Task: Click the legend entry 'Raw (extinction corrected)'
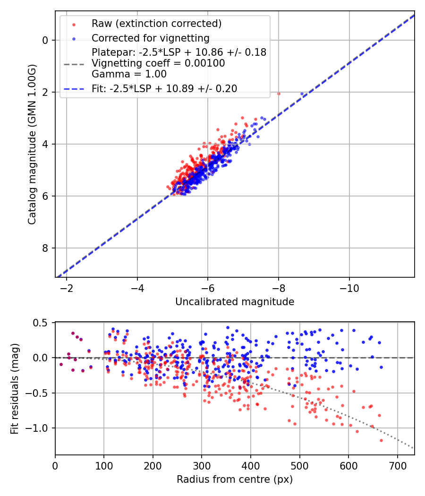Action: pyautogui.click(x=156, y=24)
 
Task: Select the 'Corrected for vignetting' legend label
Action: pyautogui.click(x=150, y=38)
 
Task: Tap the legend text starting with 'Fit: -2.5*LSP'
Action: pyautogui.click(x=164, y=88)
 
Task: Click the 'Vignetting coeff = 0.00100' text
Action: pyautogui.click(x=158, y=63)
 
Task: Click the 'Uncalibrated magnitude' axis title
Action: pyautogui.click(x=235, y=302)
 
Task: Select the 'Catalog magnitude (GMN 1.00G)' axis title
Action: pyautogui.click(x=32, y=144)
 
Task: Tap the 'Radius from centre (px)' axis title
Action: pyautogui.click(x=235, y=479)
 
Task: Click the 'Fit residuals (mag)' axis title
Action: pyautogui.click(x=15, y=388)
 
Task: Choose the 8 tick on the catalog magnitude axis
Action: pyautogui.click(x=46, y=248)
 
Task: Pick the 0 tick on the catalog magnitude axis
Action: pyautogui.click(x=46, y=40)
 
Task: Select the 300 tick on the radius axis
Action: pyautogui.click(x=202, y=466)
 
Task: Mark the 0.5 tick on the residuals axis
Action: pyautogui.click(x=42, y=323)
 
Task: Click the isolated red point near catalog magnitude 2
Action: pyautogui.click(x=279, y=94)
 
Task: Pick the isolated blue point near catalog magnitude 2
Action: pyautogui.click(x=302, y=94)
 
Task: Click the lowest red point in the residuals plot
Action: pyautogui.click(x=381, y=440)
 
